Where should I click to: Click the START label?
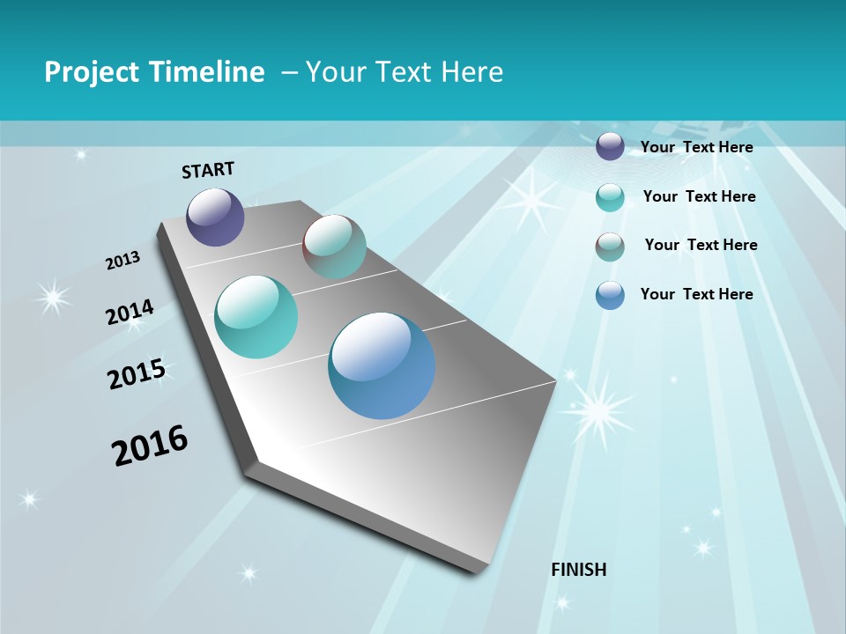tap(208, 170)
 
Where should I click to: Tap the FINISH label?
tap(579, 569)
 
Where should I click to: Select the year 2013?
tap(123, 261)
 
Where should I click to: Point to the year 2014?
tap(130, 313)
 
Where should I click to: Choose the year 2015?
tap(137, 373)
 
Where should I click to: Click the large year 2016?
tap(150, 446)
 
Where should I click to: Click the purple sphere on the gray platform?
tap(215, 217)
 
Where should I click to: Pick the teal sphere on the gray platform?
tap(256, 317)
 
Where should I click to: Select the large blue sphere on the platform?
tap(382, 365)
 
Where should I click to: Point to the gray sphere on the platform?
tap(334, 247)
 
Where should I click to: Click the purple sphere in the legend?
tap(610, 147)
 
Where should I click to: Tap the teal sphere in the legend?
tap(610, 197)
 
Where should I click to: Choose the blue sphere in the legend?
tap(610, 295)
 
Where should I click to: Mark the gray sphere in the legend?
tap(610, 247)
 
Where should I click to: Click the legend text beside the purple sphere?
tap(696, 147)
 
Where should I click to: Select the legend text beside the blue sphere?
tap(696, 294)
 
